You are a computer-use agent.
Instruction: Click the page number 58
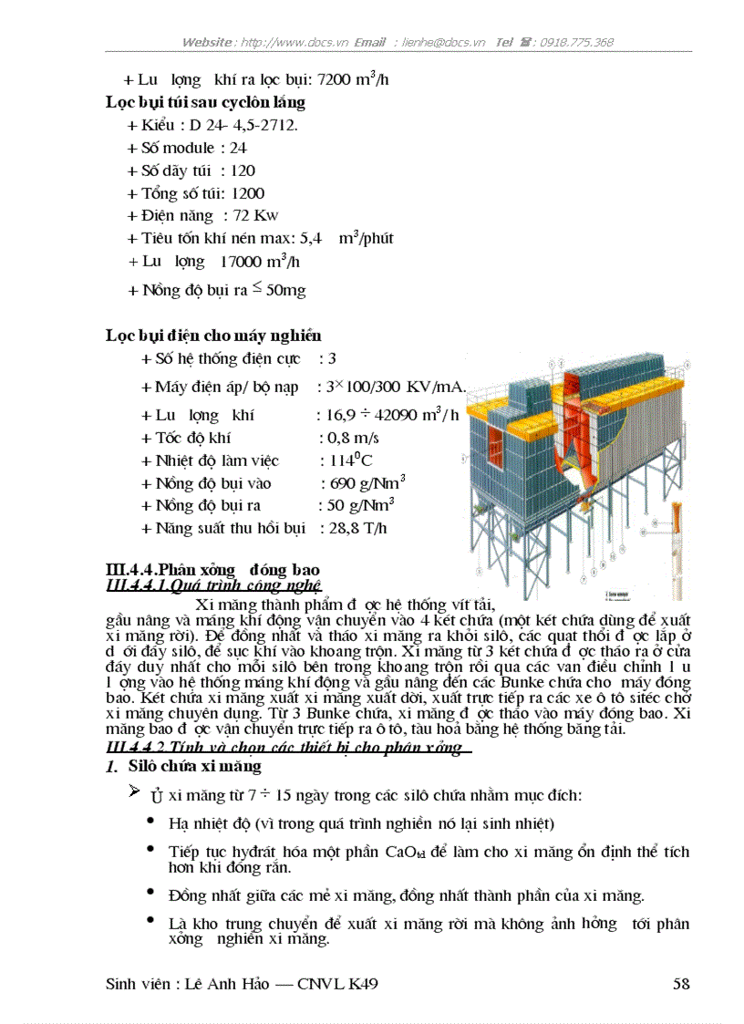tap(680, 984)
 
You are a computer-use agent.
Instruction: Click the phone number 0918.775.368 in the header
tap(576, 42)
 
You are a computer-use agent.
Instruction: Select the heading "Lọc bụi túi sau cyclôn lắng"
tap(205, 102)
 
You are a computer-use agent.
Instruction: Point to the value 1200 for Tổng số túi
tap(248, 193)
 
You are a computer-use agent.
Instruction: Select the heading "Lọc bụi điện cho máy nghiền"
tap(213, 336)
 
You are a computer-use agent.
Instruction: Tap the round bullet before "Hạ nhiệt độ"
tap(150, 822)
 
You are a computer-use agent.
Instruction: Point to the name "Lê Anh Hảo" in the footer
tap(226, 984)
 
